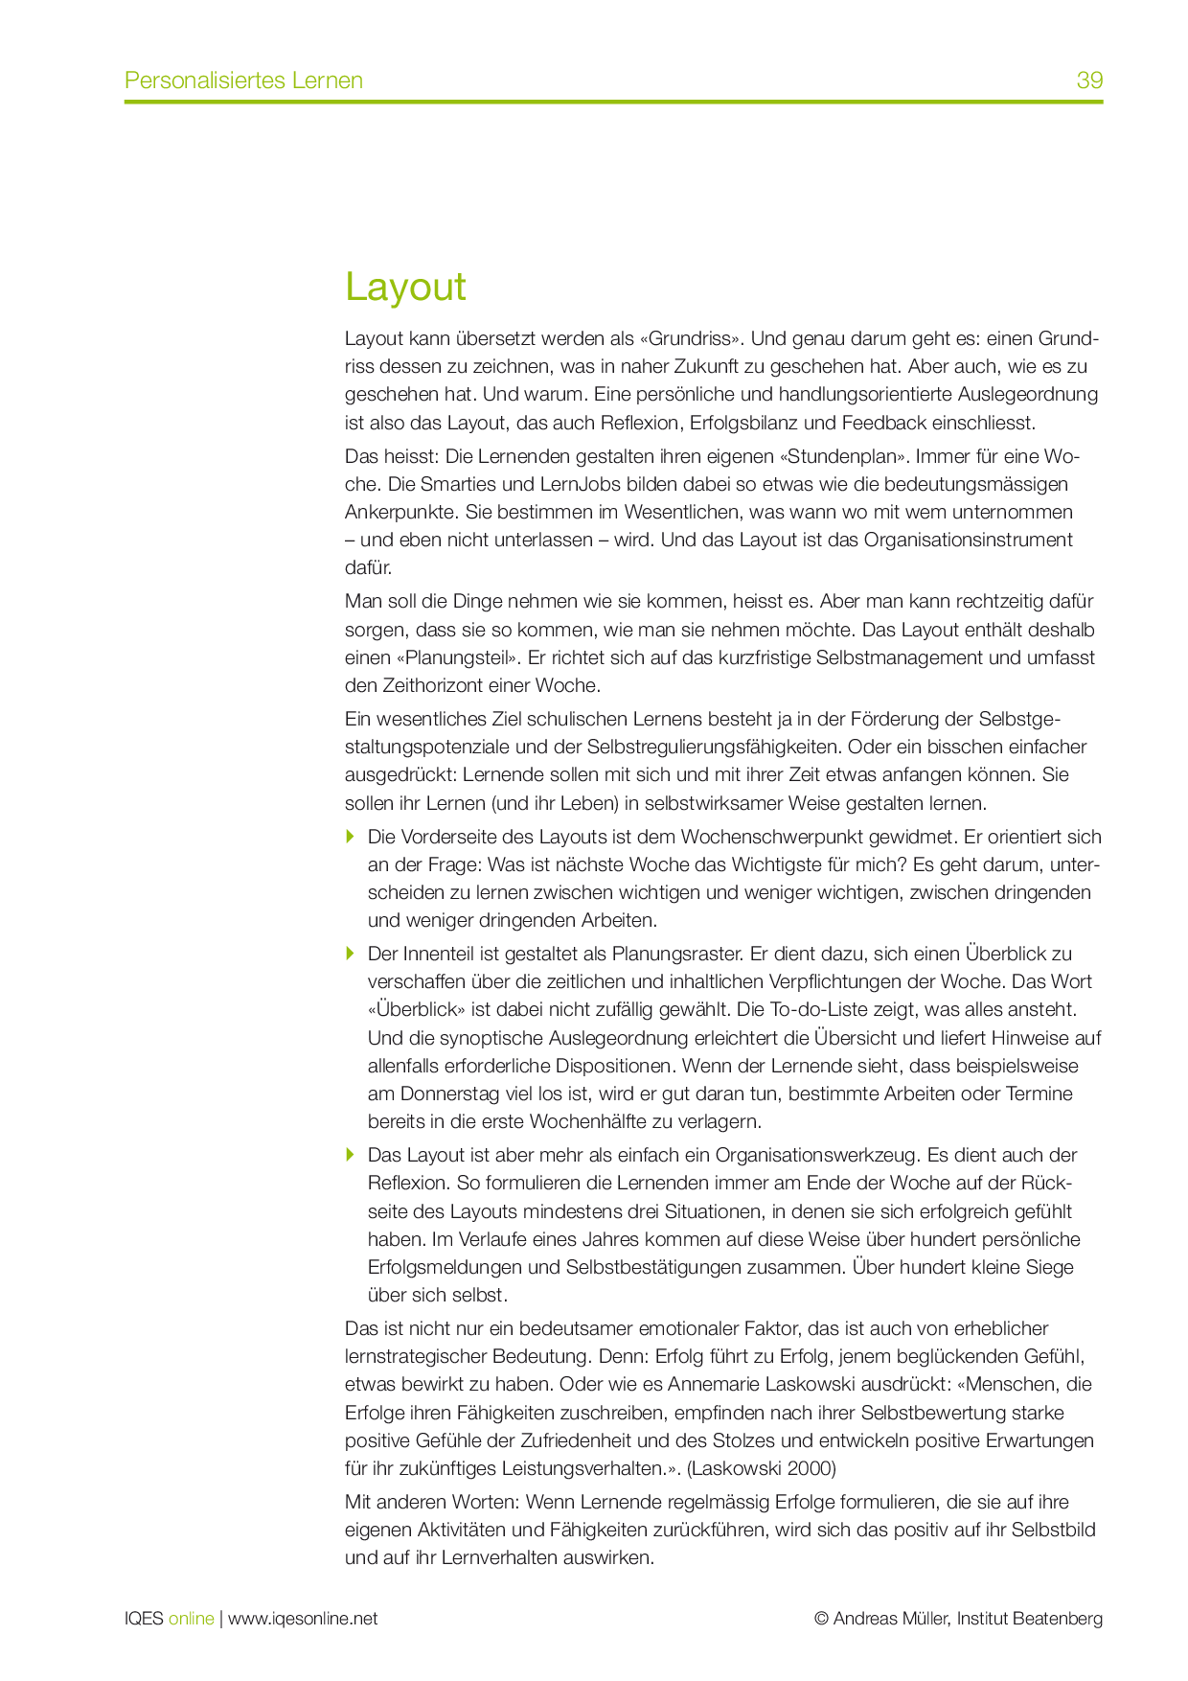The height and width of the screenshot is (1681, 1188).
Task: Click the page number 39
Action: click(1089, 81)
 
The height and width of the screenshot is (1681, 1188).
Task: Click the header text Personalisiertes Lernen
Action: click(243, 81)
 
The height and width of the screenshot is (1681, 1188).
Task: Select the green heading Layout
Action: click(405, 287)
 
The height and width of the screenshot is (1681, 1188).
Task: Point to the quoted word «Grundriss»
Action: click(689, 338)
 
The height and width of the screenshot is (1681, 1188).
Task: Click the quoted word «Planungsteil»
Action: click(457, 658)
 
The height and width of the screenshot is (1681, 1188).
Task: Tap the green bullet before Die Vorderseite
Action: click(351, 837)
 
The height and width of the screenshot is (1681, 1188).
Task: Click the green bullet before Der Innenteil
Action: click(351, 954)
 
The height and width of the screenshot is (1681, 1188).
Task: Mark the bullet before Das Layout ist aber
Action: click(351, 1155)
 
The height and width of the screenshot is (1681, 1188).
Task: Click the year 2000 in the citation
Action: click(813, 1468)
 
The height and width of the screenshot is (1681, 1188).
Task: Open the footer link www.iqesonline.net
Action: click(303, 1619)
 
